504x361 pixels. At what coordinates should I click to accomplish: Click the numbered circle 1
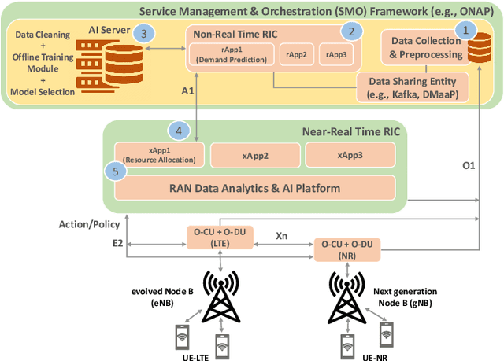tap(469, 30)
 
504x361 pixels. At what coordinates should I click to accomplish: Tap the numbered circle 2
tap(352, 31)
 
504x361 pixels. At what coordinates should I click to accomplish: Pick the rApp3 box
tap(337, 55)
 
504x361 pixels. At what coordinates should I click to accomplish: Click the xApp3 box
tap(350, 155)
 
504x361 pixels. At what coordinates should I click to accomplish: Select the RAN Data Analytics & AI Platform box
tap(254, 187)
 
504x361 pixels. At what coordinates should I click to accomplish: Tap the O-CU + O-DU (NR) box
tap(347, 250)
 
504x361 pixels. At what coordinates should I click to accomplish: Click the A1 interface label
tap(187, 92)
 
